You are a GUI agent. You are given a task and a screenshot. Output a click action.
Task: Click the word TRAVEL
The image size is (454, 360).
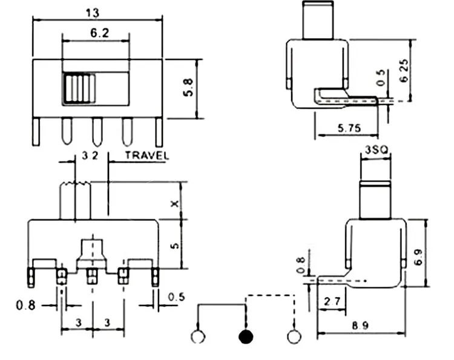coord(147,155)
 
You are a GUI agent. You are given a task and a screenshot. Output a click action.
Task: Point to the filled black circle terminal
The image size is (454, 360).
coord(245,336)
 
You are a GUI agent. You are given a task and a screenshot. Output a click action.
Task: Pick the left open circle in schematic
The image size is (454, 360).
coord(197,336)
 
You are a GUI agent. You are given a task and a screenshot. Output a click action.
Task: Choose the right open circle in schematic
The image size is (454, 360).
coord(294,336)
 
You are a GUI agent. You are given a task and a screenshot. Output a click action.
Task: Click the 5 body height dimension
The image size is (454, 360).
coord(174,246)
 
